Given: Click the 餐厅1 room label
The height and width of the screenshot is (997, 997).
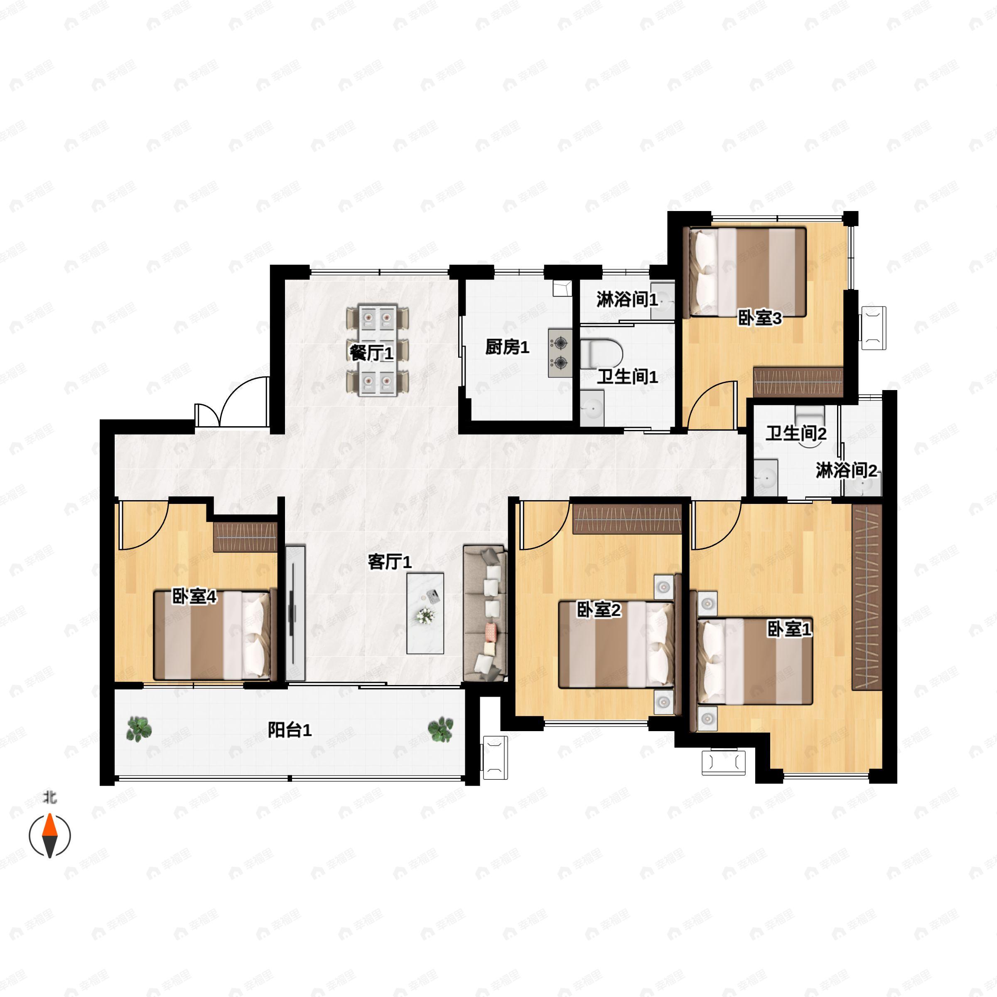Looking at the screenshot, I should click(371, 354).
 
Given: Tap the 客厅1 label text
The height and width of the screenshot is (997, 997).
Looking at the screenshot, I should click(390, 562).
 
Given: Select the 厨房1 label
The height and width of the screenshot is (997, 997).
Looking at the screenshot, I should click(507, 348).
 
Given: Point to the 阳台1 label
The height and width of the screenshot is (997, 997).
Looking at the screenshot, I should click(290, 730).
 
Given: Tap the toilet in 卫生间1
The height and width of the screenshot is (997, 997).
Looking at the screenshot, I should click(601, 354).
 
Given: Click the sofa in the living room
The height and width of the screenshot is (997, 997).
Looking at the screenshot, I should click(485, 614).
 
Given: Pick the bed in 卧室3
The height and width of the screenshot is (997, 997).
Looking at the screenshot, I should click(745, 272).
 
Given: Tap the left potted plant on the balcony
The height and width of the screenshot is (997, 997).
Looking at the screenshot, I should click(139, 729).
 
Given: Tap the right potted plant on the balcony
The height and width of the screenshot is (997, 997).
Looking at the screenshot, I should click(441, 729).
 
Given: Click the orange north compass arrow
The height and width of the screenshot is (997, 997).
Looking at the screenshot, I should click(49, 826).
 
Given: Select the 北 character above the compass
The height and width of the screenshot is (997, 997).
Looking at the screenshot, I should click(49, 798).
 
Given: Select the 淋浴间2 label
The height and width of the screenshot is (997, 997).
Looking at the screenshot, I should click(846, 471).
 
